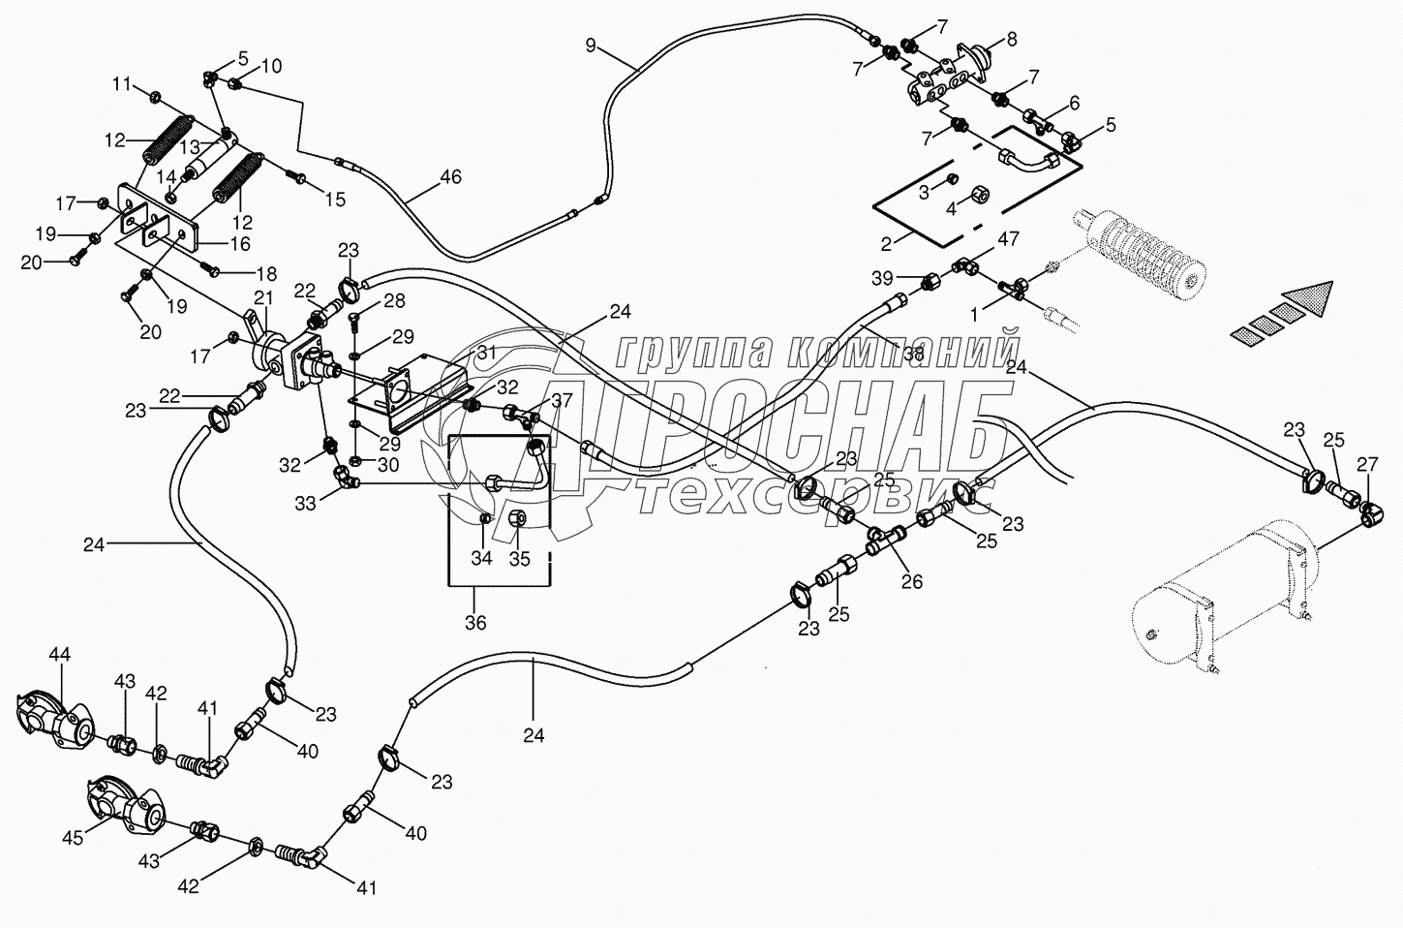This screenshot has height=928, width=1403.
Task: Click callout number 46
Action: (x=450, y=177)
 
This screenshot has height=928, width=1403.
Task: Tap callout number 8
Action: (x=1012, y=40)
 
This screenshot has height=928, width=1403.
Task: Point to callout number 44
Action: (x=59, y=656)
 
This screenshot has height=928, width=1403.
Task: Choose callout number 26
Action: (x=911, y=581)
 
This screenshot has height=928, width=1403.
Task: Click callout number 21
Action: (x=263, y=297)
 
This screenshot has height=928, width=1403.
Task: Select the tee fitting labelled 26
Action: (x=886, y=541)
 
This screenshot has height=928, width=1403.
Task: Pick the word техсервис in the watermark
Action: (x=813, y=496)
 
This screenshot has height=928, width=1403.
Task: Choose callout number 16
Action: (x=239, y=244)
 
